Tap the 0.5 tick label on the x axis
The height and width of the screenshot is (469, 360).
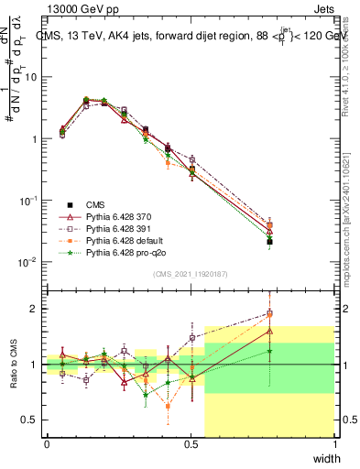191,445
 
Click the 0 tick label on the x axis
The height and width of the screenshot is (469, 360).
47,445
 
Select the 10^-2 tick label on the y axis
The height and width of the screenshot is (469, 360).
28,262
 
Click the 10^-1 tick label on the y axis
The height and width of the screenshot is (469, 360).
28,200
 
